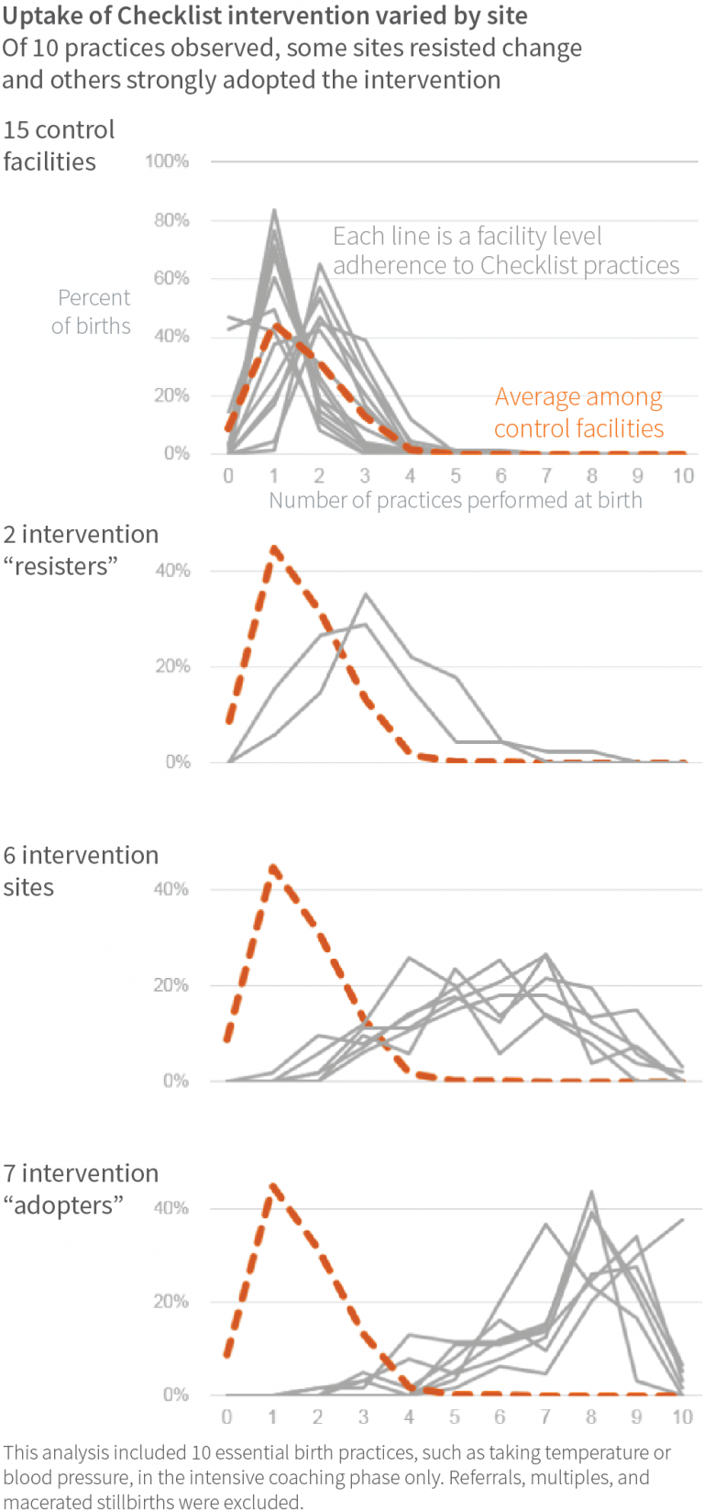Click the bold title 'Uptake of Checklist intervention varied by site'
pyautogui.click(x=265, y=16)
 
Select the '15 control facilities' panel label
pyautogui.click(x=59, y=146)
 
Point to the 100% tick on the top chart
pyautogui.click(x=167, y=161)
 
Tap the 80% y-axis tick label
pyautogui.click(x=170, y=220)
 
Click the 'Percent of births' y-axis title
pyautogui.click(x=92, y=312)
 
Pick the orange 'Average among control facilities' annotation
pyautogui.click(x=578, y=413)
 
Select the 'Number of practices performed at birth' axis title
pyautogui.click(x=456, y=500)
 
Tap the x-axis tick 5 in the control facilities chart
pyautogui.click(x=456, y=475)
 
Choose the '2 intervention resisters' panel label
pyautogui.click(x=81, y=550)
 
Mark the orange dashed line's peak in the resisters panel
pyautogui.click(x=273, y=549)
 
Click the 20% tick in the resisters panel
pyautogui.click(x=172, y=666)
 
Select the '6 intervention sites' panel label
pyautogui.click(x=81, y=871)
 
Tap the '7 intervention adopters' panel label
pyautogui.click(x=81, y=1189)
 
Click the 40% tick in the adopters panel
pyautogui.click(x=171, y=1208)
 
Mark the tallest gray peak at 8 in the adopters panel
pyautogui.click(x=592, y=1193)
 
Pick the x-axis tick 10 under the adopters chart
pyautogui.click(x=682, y=1416)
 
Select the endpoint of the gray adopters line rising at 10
pyautogui.click(x=683, y=1219)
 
